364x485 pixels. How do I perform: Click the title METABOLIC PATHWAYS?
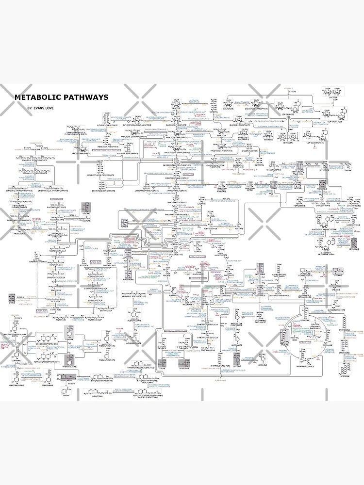(x=61, y=97)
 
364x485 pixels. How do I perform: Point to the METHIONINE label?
(x=354, y=249)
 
